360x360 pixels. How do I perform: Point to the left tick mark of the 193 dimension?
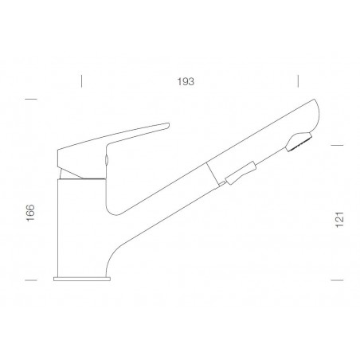pyautogui.click(x=81, y=81)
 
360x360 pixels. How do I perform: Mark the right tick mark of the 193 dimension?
pyautogui.click(x=297, y=81)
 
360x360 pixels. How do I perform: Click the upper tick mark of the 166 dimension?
pyautogui.click(x=32, y=99)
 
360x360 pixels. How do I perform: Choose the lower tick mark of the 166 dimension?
pyautogui.click(x=32, y=280)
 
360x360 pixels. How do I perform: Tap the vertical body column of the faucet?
pyautogui.click(x=80, y=223)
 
